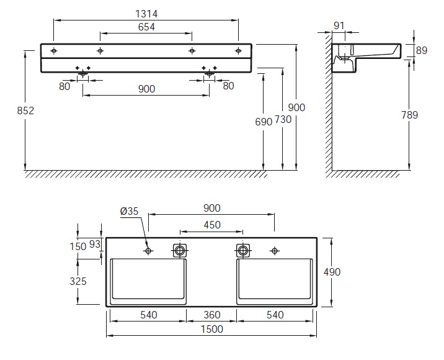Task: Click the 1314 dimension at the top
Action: [x=146, y=14]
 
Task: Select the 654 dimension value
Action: [x=146, y=27]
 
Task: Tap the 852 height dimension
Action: [x=25, y=110]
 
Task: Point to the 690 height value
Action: [x=264, y=122]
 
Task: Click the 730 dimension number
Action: [x=283, y=120]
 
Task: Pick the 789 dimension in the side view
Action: [x=409, y=115]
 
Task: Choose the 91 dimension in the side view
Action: [x=339, y=26]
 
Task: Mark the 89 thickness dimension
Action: [x=421, y=50]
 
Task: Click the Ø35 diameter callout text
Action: [x=129, y=211]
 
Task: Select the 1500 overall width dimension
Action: [x=212, y=329]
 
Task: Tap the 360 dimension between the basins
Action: [x=212, y=315]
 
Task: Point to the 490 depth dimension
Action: [x=332, y=272]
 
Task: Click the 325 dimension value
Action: [x=78, y=281]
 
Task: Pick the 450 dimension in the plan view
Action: [x=212, y=225]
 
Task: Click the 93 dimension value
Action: [x=95, y=244]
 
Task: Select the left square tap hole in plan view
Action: [x=180, y=251]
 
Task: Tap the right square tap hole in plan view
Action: [x=243, y=251]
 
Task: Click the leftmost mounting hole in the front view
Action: [x=53, y=51]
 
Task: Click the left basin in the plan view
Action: [x=148, y=281]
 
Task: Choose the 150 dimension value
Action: [x=78, y=246]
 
